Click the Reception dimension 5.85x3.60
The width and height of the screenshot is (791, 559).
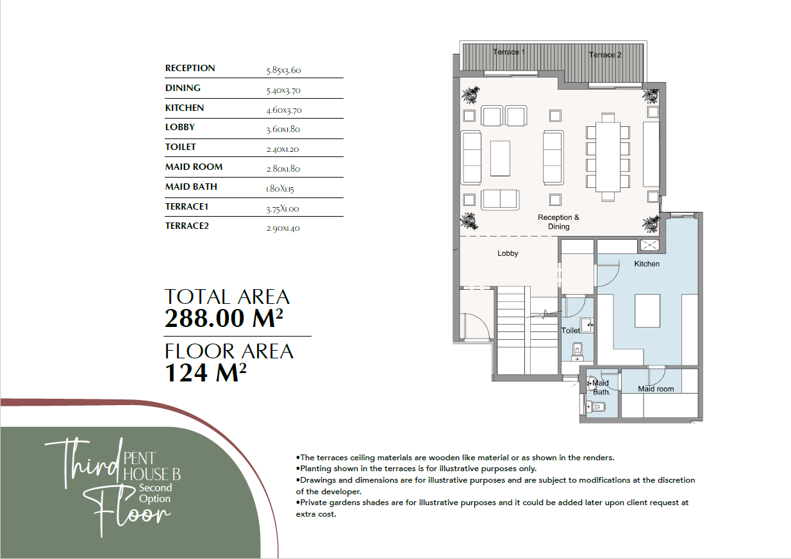click(x=283, y=71)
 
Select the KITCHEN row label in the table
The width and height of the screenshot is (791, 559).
click(x=185, y=108)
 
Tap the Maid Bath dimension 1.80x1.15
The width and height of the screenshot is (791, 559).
click(x=280, y=189)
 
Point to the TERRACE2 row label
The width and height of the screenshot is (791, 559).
click(x=187, y=226)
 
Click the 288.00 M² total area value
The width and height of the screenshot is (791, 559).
click(x=224, y=318)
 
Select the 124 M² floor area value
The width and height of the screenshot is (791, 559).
click(x=206, y=372)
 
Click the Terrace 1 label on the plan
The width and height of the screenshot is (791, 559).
click(x=508, y=52)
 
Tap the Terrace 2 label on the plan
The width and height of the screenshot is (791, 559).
click(x=605, y=54)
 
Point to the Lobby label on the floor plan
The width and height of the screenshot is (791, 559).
click(x=508, y=253)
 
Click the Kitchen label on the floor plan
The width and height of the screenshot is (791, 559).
click(x=647, y=263)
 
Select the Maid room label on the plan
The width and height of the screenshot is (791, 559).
click(x=656, y=388)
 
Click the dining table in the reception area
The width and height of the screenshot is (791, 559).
click(x=608, y=157)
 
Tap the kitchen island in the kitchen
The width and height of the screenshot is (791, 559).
click(x=647, y=311)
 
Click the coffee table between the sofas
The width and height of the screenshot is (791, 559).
click(x=500, y=158)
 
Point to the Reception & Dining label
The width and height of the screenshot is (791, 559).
click(x=559, y=222)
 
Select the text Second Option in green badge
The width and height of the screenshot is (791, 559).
click(x=155, y=493)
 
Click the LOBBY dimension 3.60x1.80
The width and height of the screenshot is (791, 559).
click(x=283, y=129)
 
